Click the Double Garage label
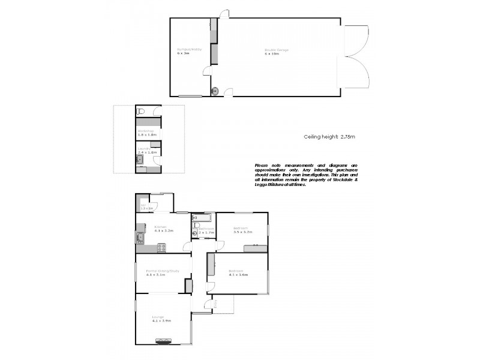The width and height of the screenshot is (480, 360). pyautogui.click(x=277, y=50)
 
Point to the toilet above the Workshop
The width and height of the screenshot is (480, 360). pyautogui.click(x=140, y=111)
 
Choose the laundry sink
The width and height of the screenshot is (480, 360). pyautogui.click(x=140, y=159)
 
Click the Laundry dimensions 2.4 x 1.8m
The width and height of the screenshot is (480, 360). pyautogui.click(x=147, y=152)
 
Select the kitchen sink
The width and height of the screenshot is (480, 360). pyautogui.click(x=139, y=237)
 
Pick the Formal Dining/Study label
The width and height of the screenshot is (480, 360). pyautogui.click(x=163, y=271)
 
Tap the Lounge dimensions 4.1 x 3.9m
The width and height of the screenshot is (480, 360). pyautogui.click(x=162, y=321)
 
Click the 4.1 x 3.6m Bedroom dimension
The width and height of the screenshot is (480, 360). pyautogui.click(x=238, y=275)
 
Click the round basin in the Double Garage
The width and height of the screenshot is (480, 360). pyautogui.click(x=215, y=91)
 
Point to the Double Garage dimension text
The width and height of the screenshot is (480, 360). pyautogui.click(x=272, y=54)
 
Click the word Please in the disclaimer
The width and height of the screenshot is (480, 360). pyautogui.click(x=262, y=165)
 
